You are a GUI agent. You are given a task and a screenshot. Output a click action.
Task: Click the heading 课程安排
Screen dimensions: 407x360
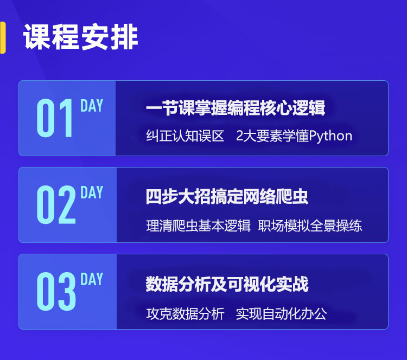80,37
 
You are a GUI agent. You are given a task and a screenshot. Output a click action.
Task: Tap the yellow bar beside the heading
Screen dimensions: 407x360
3,37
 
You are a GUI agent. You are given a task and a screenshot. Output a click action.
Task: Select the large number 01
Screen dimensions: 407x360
55,118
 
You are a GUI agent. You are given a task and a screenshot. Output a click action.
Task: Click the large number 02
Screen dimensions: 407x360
56,204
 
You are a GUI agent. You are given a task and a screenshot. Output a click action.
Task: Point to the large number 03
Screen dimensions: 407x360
56,291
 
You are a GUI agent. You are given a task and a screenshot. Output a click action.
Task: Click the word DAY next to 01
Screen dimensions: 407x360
92,106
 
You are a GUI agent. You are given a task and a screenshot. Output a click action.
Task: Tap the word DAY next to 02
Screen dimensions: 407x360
92,192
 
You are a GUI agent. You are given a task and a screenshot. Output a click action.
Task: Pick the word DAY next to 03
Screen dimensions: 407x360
92,279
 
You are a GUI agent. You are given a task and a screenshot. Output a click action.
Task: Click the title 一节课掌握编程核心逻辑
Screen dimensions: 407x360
236,108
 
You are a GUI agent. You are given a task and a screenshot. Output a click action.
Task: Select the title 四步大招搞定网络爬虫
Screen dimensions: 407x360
227,196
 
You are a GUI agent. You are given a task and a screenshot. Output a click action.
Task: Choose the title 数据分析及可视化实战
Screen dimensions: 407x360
227,284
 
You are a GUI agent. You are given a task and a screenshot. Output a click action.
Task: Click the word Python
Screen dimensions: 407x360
330,136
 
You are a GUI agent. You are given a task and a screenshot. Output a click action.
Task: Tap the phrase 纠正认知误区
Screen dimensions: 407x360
185,136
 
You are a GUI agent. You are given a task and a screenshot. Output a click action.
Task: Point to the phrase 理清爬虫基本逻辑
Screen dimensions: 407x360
198,226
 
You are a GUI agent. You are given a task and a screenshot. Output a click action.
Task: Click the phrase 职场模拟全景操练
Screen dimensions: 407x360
310,226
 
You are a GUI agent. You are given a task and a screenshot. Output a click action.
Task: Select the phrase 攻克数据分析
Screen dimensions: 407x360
185,313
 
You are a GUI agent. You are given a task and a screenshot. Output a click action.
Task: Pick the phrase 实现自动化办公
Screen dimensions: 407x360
281,313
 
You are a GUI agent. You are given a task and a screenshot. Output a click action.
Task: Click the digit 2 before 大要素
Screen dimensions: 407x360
239,136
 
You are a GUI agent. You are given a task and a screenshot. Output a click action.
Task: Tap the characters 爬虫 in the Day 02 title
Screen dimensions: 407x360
292,196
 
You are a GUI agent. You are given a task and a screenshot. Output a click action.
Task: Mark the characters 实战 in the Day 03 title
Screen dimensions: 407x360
292,284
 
